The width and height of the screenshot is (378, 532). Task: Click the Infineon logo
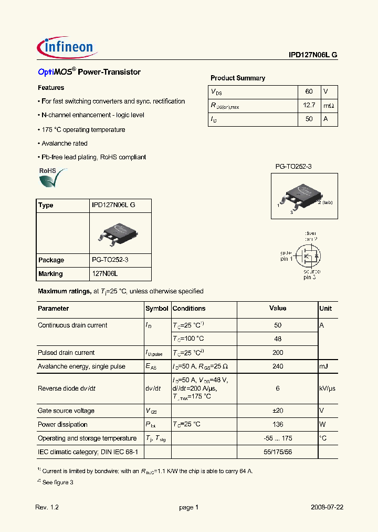pyautogui.click(x=67, y=47)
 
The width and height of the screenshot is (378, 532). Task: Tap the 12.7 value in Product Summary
pyautogui.click(x=309, y=105)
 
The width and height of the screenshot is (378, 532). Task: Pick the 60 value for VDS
pyautogui.click(x=309, y=91)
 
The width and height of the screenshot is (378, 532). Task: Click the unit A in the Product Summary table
pyautogui.click(x=325, y=119)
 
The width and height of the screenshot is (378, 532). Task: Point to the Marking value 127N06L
pyautogui.click(x=105, y=274)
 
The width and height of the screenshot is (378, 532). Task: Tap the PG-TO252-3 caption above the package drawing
pyautogui.click(x=293, y=166)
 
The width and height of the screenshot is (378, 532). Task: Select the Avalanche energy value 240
pyautogui.click(x=278, y=366)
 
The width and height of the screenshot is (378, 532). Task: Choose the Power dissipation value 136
pyautogui.click(x=278, y=424)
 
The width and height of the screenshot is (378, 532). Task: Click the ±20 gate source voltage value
pyautogui.click(x=278, y=411)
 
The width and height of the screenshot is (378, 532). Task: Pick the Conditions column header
pyautogui.click(x=189, y=309)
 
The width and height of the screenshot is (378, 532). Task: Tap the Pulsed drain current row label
pyautogui.click(x=66, y=353)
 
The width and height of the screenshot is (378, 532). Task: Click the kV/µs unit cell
pyautogui.click(x=327, y=388)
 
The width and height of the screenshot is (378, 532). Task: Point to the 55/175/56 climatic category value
pyautogui.click(x=278, y=452)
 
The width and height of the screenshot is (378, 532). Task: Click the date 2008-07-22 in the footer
pyautogui.click(x=327, y=507)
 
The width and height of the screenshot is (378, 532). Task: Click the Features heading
pyautogui.click(x=51, y=88)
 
